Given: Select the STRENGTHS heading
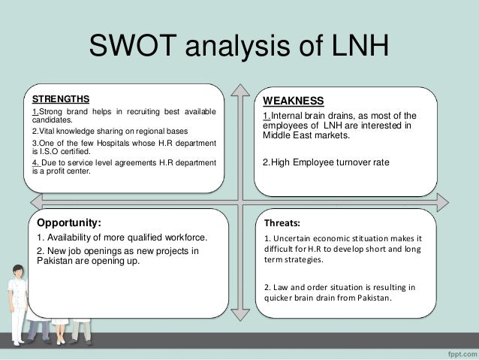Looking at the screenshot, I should [59, 98].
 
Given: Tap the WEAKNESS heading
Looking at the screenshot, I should [293, 101].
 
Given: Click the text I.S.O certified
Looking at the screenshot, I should [58, 150].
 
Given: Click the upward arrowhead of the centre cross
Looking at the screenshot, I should [239, 86].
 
